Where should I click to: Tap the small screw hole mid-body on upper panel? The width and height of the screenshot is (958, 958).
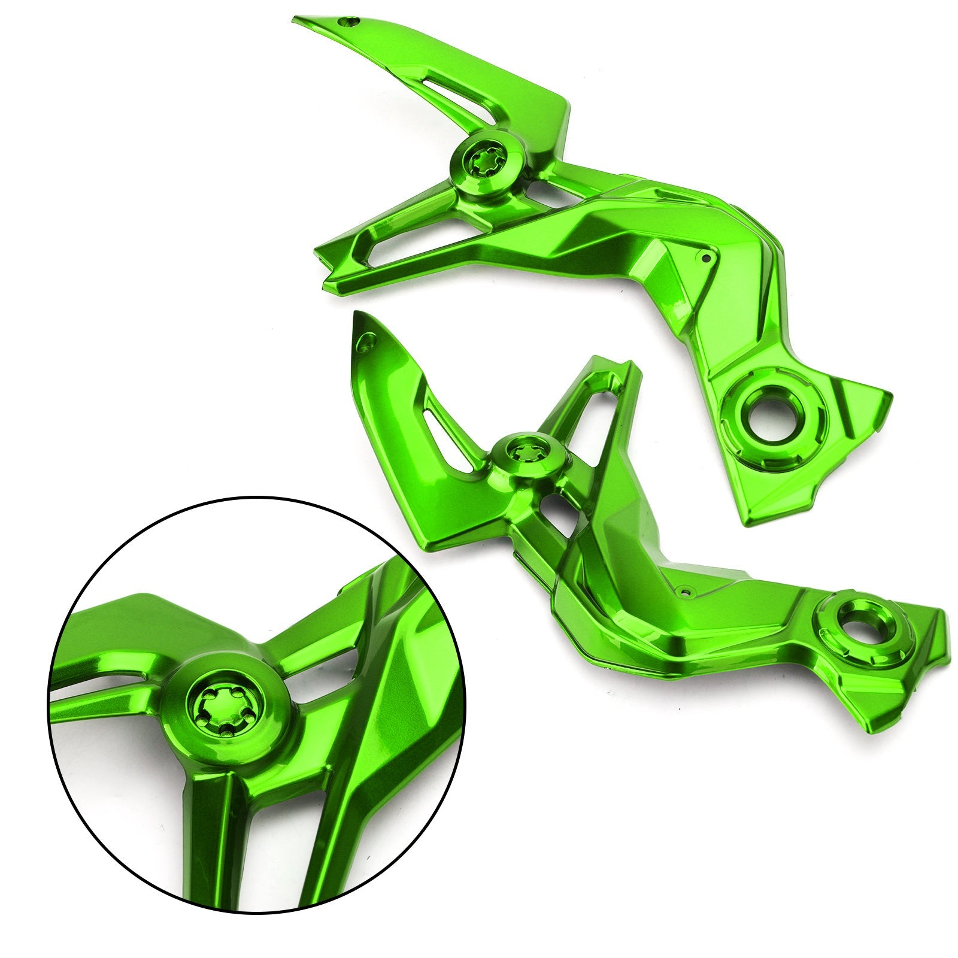(x=706, y=258)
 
